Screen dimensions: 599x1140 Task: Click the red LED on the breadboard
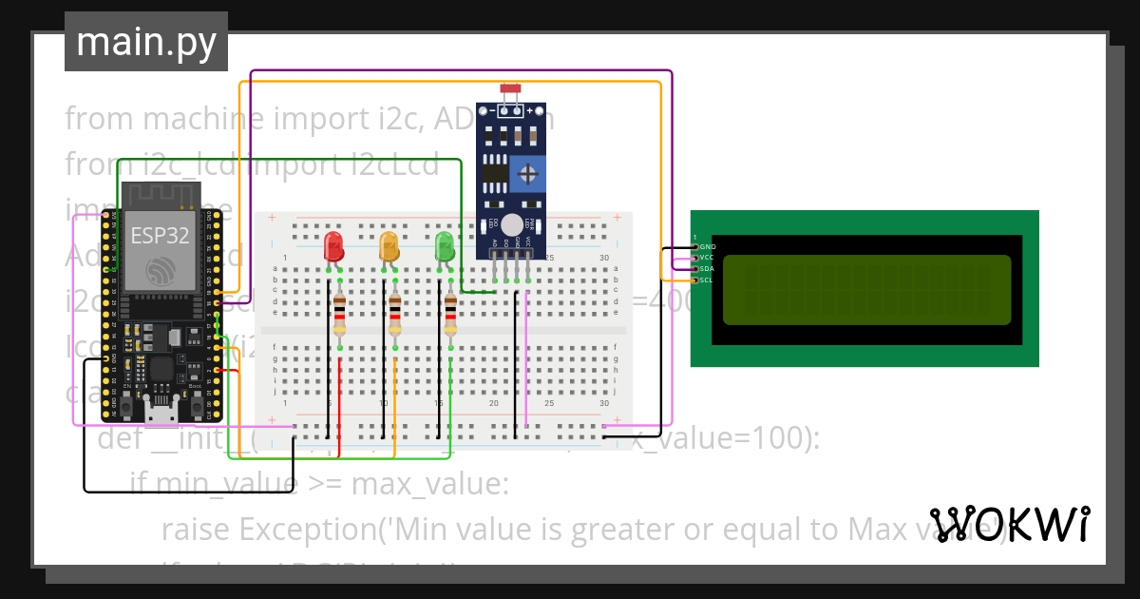[333, 246]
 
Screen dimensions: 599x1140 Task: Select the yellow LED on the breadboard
[389, 246]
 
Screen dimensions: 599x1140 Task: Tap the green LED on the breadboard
[444, 246]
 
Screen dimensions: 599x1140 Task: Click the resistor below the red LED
[339, 313]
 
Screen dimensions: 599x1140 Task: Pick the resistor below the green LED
[450, 313]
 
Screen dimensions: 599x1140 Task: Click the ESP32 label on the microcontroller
[160, 236]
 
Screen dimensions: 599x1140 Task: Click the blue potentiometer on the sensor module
[526, 173]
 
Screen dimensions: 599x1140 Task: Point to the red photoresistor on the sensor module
[510, 88]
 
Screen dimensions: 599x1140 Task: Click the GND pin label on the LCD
[708, 246]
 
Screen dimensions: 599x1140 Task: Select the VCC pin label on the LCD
[707, 258]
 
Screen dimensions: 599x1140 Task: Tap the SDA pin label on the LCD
[707, 269]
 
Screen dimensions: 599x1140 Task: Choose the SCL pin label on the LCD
[707, 280]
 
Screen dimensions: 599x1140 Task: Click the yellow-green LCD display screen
[866, 289]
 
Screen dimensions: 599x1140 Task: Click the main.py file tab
[146, 43]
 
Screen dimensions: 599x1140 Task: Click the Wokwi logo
[1009, 524]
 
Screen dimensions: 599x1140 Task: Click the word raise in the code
[196, 529]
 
